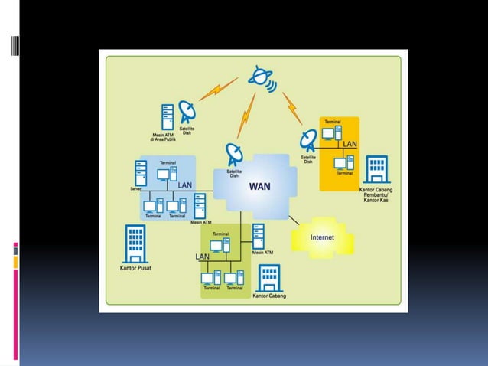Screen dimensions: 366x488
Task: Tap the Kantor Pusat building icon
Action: pyautogui.click(x=135, y=244)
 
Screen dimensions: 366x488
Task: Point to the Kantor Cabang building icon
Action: pyautogui.click(x=268, y=279)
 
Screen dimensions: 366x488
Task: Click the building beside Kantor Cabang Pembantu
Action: pyautogui.click(x=376, y=170)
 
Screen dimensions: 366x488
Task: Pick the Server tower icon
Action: pyautogui.click(x=141, y=172)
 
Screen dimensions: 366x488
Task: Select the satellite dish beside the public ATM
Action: pyautogui.click(x=187, y=113)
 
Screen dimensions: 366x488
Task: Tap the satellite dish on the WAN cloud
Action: pyautogui.click(x=234, y=155)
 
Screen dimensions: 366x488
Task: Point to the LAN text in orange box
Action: pyautogui.click(x=350, y=144)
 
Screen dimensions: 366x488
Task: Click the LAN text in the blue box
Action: pyautogui.click(x=184, y=185)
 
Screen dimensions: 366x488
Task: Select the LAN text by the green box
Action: pyautogui.click(x=202, y=256)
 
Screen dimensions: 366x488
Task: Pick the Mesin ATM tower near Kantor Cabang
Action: pyautogui.click(x=258, y=234)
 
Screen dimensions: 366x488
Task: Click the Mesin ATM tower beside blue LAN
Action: pyautogui.click(x=200, y=206)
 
